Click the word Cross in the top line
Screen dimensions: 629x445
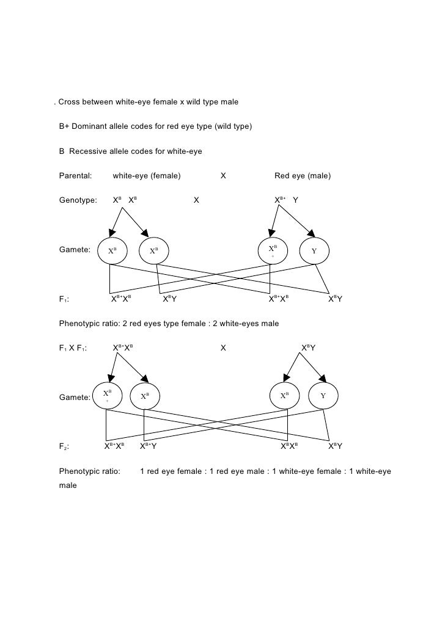click(70, 101)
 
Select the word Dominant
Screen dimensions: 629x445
click(89, 126)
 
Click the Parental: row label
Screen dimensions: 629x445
click(75, 176)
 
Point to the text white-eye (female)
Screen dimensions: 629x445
click(147, 176)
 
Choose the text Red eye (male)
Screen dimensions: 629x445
click(303, 176)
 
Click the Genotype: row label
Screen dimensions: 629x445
click(78, 200)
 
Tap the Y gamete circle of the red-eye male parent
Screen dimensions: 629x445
click(314, 251)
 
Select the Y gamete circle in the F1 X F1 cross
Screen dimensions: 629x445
click(323, 396)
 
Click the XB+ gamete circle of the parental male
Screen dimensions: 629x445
click(273, 251)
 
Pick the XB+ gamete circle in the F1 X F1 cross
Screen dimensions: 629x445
click(107, 396)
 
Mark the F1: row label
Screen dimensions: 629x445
click(64, 299)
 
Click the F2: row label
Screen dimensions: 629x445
click(64, 446)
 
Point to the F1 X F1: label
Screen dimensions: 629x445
click(73, 348)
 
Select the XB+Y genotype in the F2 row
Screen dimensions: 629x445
click(149, 446)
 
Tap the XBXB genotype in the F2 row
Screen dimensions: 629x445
click(289, 446)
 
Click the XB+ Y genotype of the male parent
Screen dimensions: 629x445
click(286, 200)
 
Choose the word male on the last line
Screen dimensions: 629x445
click(68, 485)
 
